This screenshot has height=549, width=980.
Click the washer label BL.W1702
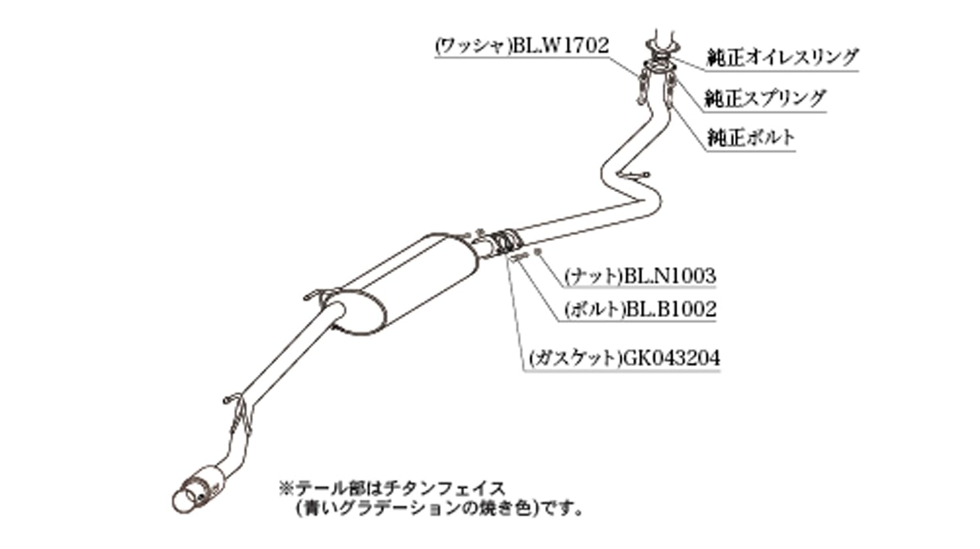(x=521, y=46)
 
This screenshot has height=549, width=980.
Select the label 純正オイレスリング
(x=782, y=57)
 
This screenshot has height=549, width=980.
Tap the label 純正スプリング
(x=765, y=99)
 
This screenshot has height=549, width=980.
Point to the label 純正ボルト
(x=750, y=138)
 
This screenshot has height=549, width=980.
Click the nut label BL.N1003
(x=640, y=276)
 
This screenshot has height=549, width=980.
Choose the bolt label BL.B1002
(x=640, y=310)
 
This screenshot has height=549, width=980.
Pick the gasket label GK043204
(x=625, y=358)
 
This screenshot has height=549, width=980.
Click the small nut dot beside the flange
(x=538, y=251)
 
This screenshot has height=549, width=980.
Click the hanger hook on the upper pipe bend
(x=634, y=176)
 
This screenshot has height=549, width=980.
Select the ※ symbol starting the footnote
(x=287, y=488)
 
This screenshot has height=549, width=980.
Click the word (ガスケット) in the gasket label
(x=575, y=358)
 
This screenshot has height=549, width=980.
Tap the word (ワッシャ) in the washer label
(x=474, y=46)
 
